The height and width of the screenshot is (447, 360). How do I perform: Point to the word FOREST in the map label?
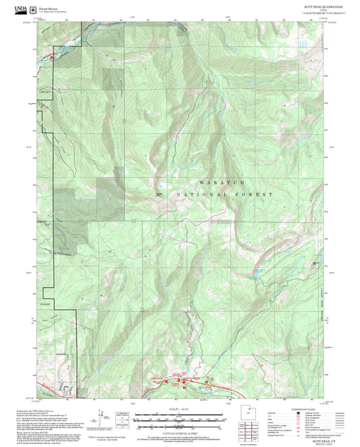click(x=260, y=194)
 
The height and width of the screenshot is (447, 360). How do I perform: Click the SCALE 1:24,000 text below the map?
click(x=180, y=409)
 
